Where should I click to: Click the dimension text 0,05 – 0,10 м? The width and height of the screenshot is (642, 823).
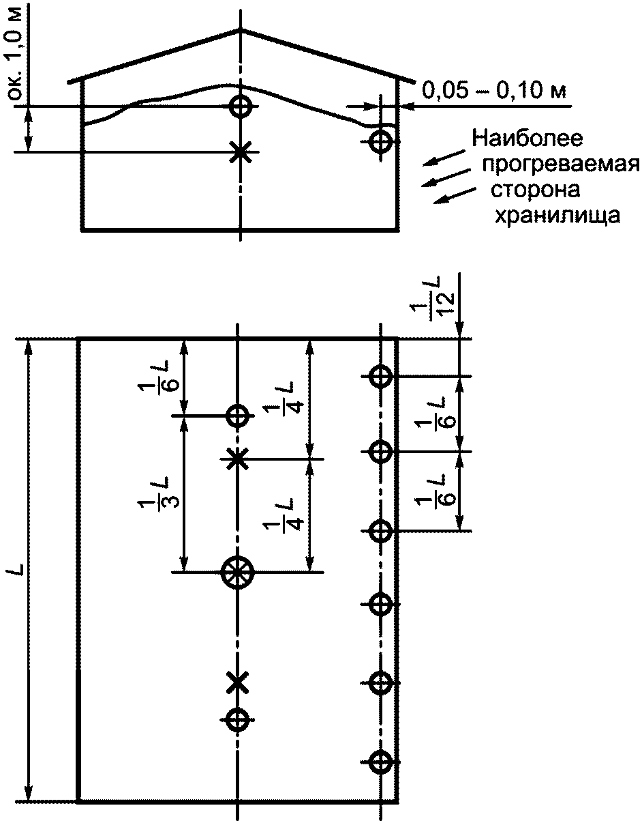(x=495, y=89)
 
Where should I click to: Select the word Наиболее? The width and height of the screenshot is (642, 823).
(x=528, y=140)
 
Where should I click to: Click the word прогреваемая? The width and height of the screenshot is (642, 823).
(x=560, y=166)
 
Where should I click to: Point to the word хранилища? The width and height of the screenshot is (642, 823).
(x=557, y=216)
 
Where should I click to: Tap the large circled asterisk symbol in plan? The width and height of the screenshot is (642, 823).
(x=237, y=571)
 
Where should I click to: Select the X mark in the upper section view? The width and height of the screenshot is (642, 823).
(x=239, y=151)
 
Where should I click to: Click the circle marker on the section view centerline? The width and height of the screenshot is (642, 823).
(x=240, y=106)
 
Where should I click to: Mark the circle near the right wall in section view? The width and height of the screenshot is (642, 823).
(x=381, y=142)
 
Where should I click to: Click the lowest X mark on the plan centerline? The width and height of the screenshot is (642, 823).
(x=237, y=681)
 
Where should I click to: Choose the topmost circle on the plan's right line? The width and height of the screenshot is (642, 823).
(x=380, y=375)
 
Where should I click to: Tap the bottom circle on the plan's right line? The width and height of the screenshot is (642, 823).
(x=380, y=760)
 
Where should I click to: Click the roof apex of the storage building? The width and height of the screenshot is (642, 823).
(x=240, y=29)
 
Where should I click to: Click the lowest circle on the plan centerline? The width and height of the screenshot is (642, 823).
(x=237, y=719)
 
